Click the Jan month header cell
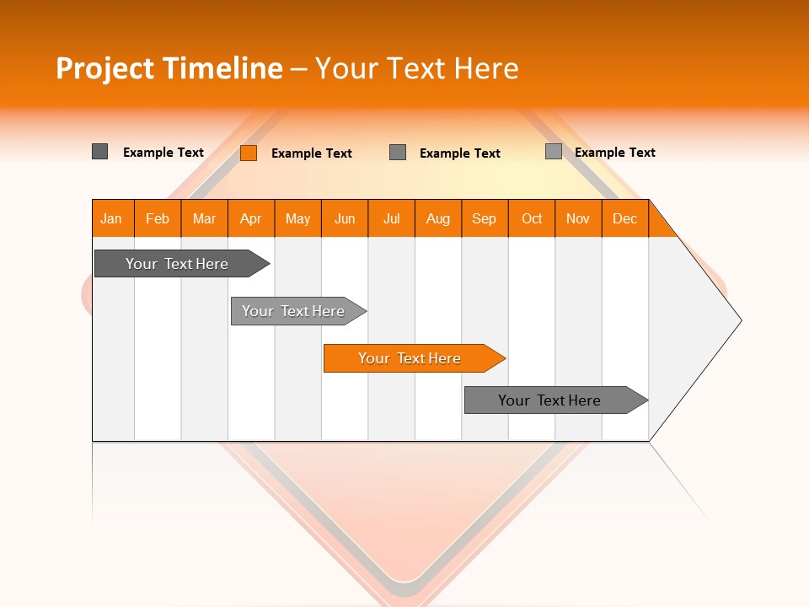click(112, 218)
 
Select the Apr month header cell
click(251, 218)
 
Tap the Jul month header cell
click(391, 218)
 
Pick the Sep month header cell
click(485, 218)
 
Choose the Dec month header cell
click(624, 218)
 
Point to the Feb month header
click(158, 218)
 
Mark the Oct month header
click(531, 218)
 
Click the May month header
click(297, 218)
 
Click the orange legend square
click(249, 153)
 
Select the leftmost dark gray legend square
click(99, 152)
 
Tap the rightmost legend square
click(554, 152)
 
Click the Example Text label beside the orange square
click(311, 153)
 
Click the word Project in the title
click(105, 68)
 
